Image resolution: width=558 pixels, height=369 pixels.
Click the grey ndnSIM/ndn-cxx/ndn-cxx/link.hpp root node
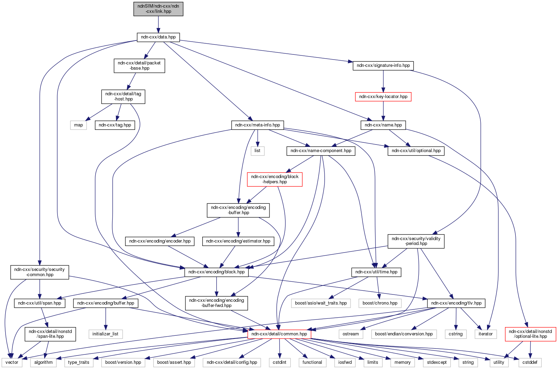click(158, 9)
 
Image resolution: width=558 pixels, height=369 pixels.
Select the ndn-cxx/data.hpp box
click(158, 37)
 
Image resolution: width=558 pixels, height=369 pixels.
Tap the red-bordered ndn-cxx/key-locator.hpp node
click(383, 97)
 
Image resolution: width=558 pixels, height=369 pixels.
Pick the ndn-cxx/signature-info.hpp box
click(383, 65)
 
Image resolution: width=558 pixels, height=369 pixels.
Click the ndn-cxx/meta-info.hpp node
click(257, 125)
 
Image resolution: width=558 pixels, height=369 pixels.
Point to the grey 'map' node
click(79, 125)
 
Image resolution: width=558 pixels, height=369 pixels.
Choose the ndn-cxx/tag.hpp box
click(115, 125)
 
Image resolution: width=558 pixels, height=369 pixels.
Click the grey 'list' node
click(257, 151)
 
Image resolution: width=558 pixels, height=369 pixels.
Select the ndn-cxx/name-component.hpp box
click(321, 151)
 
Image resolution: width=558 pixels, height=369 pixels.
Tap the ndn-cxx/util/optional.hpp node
click(416, 151)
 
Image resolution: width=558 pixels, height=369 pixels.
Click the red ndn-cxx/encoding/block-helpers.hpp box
click(275, 179)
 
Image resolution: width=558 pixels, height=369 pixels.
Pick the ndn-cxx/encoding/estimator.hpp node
click(238, 241)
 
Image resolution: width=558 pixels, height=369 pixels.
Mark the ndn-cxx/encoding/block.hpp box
click(216, 272)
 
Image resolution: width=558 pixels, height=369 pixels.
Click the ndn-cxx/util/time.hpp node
click(376, 272)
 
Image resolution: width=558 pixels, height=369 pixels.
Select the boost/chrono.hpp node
click(380, 303)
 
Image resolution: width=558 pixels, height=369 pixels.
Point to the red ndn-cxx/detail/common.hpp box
click(279, 334)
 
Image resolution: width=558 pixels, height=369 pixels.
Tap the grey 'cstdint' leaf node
click(280, 362)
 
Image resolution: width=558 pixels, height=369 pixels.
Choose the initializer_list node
click(105, 334)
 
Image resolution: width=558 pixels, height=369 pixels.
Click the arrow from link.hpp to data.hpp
click(158, 24)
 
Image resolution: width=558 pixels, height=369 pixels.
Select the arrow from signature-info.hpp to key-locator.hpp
click(383, 81)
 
